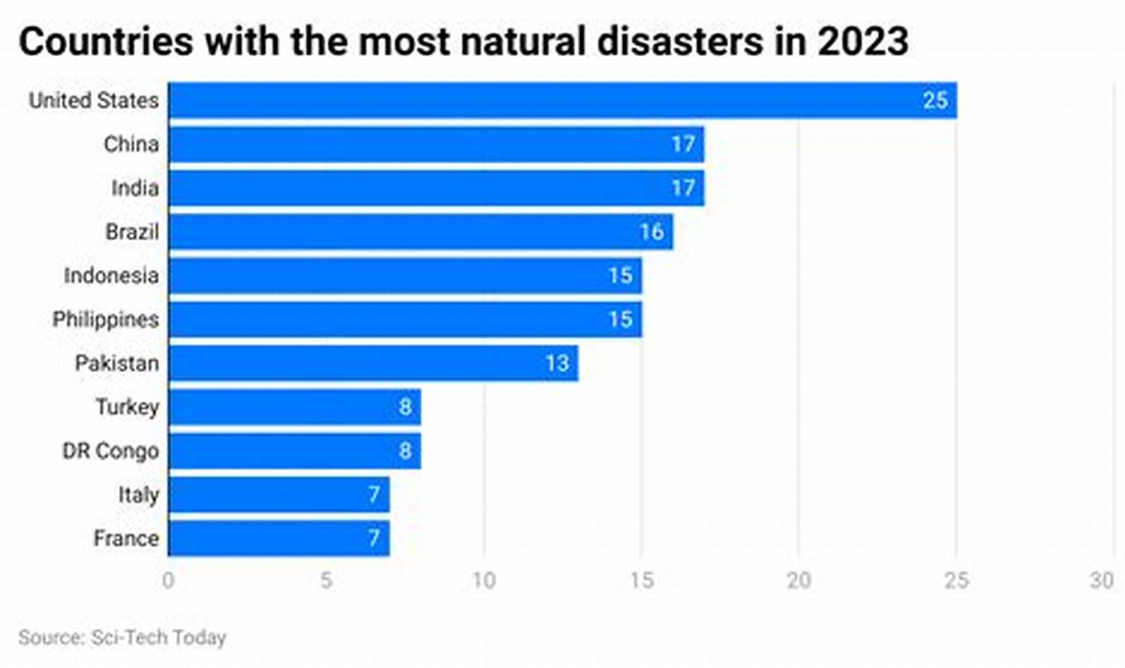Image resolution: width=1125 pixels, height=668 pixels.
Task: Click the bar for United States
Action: (562, 100)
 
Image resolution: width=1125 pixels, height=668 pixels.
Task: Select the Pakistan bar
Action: (373, 363)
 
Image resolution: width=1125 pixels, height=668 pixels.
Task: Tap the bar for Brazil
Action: (420, 232)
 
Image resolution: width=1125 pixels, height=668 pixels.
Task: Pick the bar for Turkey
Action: (294, 407)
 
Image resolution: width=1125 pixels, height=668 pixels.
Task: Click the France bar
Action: (279, 538)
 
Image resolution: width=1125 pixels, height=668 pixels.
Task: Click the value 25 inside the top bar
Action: (935, 100)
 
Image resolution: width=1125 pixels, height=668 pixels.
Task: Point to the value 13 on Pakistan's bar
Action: (557, 363)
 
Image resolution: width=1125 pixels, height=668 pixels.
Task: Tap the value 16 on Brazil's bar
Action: (652, 232)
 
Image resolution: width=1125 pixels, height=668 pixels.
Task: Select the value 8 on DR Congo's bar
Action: (405, 451)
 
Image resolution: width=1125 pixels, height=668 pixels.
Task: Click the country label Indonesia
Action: (111, 276)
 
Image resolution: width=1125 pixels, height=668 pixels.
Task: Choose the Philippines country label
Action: (105, 319)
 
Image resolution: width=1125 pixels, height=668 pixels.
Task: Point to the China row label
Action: (131, 144)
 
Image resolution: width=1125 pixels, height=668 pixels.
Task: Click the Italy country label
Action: (139, 495)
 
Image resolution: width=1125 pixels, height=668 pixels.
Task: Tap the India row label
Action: (134, 188)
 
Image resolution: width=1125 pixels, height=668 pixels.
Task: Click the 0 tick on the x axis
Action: (169, 581)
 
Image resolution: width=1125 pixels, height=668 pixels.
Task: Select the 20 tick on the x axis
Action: (798, 581)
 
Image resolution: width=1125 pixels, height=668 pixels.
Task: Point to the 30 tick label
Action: (1101, 581)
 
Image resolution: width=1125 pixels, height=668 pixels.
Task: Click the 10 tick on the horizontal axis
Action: (483, 581)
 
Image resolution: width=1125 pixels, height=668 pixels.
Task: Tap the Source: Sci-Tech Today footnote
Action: (122, 637)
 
